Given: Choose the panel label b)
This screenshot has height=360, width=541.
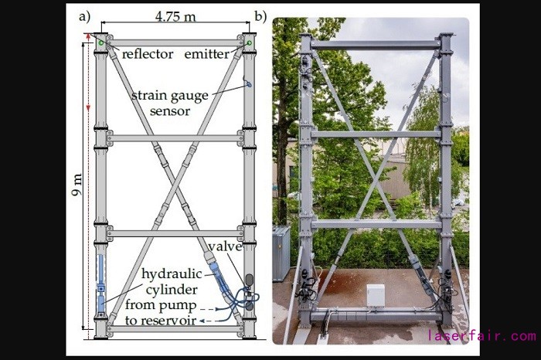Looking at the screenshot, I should (x=261, y=15).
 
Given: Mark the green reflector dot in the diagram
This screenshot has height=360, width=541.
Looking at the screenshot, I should (x=100, y=43).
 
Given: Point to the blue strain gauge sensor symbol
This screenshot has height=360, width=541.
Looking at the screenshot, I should (x=248, y=83).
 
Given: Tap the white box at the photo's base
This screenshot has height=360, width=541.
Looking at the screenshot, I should (x=375, y=296).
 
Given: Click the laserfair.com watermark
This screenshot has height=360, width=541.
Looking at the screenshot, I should (x=481, y=336).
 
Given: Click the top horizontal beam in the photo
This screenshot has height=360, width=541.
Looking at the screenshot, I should (x=376, y=45).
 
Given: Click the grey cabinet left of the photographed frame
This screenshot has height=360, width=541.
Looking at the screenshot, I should (x=281, y=253).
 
